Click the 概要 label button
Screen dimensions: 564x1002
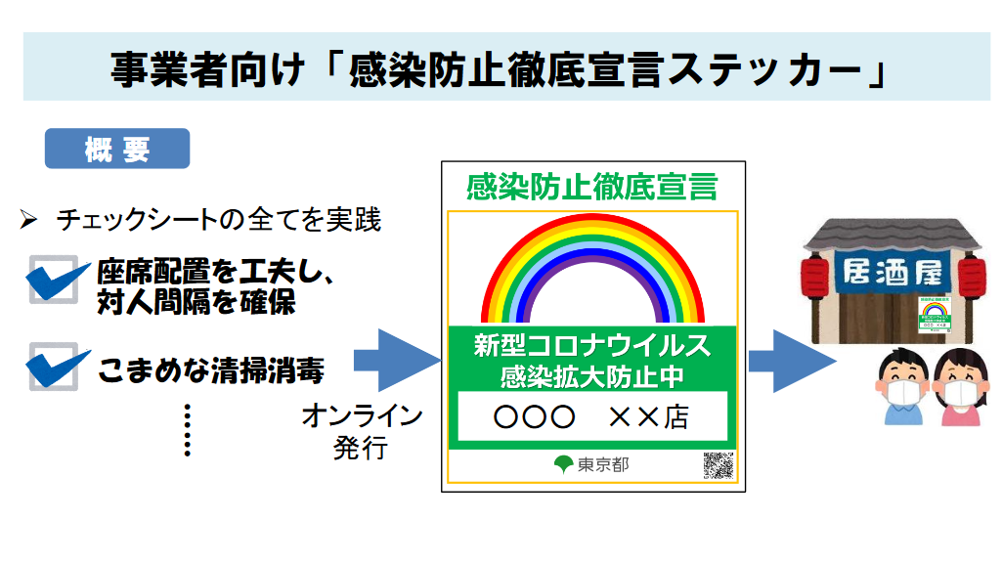[x=117, y=150]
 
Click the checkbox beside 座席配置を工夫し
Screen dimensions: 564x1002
[x=54, y=279]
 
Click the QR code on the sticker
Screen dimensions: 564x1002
[x=719, y=465]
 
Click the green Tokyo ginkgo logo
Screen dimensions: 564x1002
[x=563, y=464]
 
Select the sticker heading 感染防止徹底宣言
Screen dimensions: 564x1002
[x=592, y=186]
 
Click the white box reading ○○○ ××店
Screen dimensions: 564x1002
[x=592, y=417]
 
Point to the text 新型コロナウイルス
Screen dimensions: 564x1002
[x=592, y=345]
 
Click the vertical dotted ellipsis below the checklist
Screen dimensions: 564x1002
[x=187, y=430]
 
